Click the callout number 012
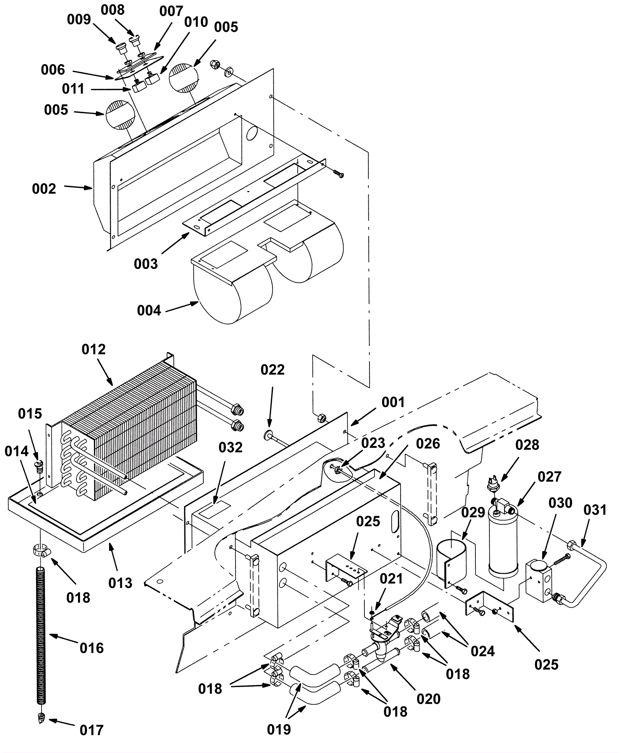coord(94,349)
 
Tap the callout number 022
coord(272,370)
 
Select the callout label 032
coord(231,447)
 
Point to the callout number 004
coord(149,311)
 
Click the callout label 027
coord(550,477)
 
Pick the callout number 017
coord(92,730)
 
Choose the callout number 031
coord(595,510)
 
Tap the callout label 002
coord(44,189)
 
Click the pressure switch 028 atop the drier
coord(494,486)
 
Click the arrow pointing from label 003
coord(175,243)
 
